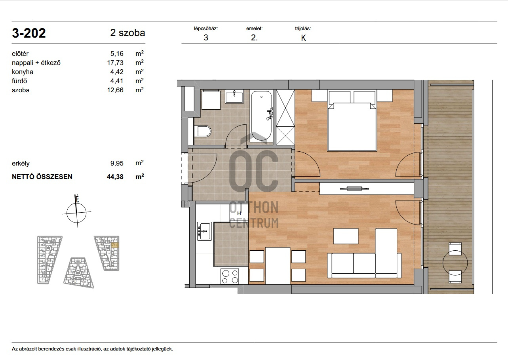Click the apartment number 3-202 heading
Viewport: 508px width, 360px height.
[x=29, y=33]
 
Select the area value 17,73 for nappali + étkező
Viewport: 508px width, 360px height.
[x=115, y=63]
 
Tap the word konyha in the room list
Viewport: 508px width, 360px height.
[x=23, y=72]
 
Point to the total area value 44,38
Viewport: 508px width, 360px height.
[x=115, y=177]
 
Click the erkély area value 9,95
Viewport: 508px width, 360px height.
[x=117, y=163]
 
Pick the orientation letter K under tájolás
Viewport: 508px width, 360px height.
[x=303, y=38]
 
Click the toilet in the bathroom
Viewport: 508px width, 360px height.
[x=203, y=131]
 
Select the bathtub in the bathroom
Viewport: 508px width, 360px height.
[x=261, y=116]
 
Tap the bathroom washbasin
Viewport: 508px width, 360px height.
[x=234, y=96]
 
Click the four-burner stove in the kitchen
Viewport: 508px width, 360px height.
[x=230, y=276]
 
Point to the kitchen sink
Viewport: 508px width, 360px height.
[x=204, y=231]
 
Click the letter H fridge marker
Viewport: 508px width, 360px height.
[x=239, y=213]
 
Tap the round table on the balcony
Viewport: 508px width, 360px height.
[x=455, y=263]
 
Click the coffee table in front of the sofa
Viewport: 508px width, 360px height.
[x=346, y=236]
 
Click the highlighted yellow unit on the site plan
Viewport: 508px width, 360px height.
[x=115, y=245]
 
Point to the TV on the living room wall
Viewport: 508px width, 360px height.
[x=354, y=188]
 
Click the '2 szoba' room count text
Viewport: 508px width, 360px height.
[x=127, y=33]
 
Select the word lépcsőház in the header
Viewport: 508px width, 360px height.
[x=206, y=29]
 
